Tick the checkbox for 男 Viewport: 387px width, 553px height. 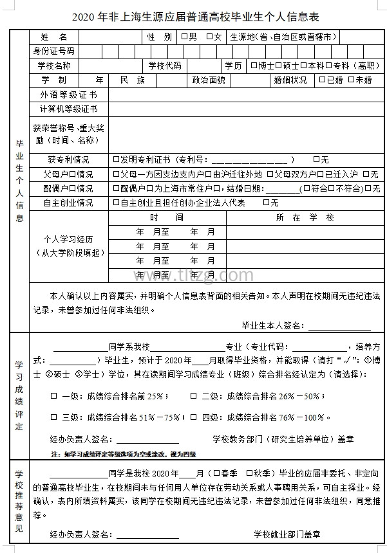click(x=185, y=37)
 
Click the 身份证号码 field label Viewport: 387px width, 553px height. click(x=53, y=51)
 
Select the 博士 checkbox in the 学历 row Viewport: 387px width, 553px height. click(x=254, y=66)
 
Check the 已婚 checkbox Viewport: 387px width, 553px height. click(x=322, y=80)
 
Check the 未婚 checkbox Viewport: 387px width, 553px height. click(x=351, y=80)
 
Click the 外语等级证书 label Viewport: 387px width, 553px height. click(x=68, y=95)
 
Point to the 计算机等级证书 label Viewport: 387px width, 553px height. click(x=68, y=109)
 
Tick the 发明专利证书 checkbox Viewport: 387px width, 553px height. click(x=116, y=159)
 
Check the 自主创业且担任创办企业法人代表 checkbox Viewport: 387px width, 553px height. click(x=116, y=203)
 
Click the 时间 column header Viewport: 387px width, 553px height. click(x=167, y=218)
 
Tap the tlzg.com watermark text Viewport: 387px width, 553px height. click(x=193, y=275)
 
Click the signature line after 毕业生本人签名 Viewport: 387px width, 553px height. click(x=330, y=326)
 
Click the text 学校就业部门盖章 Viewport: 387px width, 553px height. click(x=287, y=534)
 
